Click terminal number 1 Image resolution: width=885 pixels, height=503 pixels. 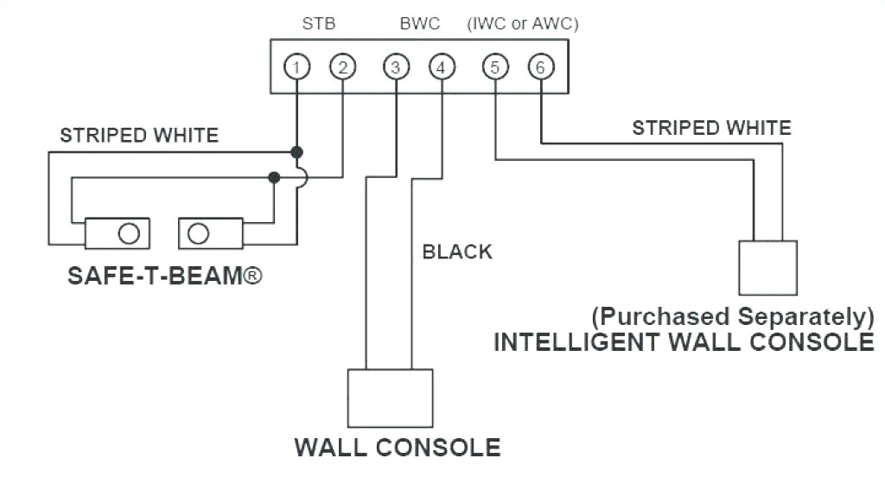click(296, 67)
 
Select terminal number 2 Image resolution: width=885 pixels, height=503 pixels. click(343, 67)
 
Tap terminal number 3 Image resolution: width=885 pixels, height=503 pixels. click(396, 67)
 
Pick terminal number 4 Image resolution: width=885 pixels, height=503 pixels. click(442, 67)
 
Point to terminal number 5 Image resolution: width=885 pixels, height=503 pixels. click(494, 67)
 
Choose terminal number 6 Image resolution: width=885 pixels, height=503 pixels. click(540, 67)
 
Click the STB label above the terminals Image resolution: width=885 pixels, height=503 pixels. click(318, 24)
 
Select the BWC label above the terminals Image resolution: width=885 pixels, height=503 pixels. click(419, 24)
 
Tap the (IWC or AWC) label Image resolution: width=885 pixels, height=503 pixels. click(523, 24)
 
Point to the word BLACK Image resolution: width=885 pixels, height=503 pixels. click(457, 251)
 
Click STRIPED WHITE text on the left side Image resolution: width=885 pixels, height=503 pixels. click(139, 135)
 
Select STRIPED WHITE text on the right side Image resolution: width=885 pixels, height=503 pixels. click(711, 128)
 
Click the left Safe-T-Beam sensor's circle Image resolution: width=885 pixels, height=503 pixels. click(129, 233)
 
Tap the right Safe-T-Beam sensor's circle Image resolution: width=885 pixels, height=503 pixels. click(199, 233)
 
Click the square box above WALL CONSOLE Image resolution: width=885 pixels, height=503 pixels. click(390, 398)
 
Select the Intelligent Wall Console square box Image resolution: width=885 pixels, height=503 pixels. click(767, 268)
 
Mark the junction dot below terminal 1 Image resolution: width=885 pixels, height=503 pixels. click(296, 152)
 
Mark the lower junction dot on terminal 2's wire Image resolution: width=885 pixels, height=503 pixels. click(274, 177)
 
